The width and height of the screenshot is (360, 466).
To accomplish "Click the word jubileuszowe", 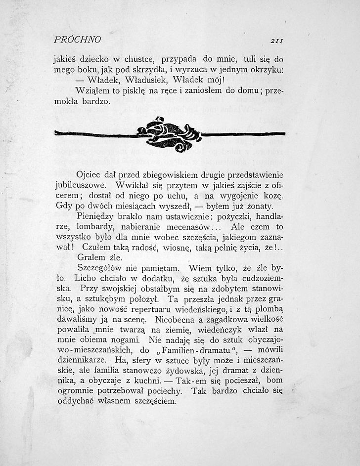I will click(80, 186).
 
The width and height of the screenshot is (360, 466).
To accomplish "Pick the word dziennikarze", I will click(79, 361).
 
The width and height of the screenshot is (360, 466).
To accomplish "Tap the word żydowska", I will click(191, 371).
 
